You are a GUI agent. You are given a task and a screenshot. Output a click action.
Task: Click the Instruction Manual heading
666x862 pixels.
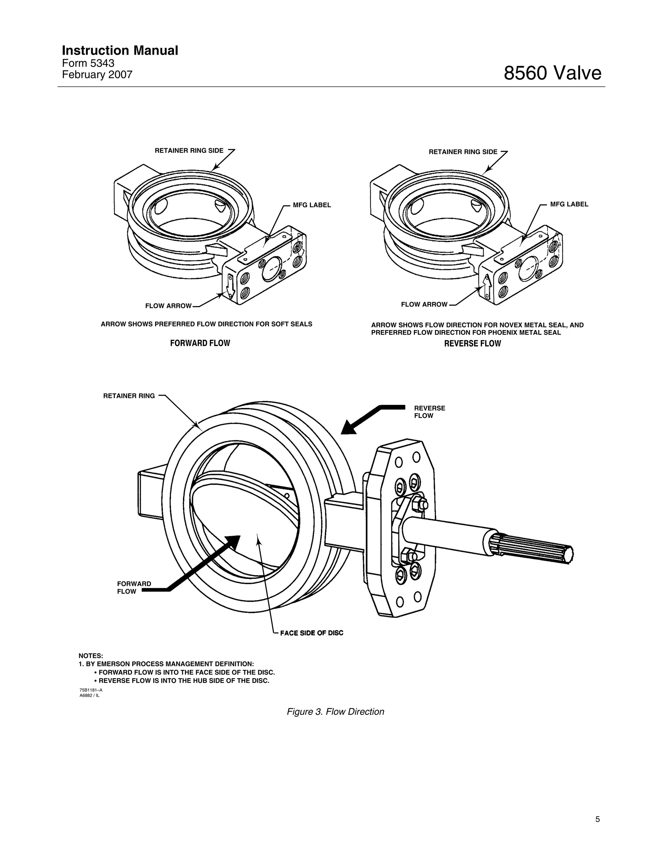click(x=120, y=50)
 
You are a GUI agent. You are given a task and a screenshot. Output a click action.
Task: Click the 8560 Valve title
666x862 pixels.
click(x=552, y=73)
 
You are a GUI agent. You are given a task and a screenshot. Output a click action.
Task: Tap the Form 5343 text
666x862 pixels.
click(x=88, y=63)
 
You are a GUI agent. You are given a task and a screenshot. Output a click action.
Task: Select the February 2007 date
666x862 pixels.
click(x=97, y=74)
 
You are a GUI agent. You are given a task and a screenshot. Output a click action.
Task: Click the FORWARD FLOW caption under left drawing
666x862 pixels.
click(x=200, y=343)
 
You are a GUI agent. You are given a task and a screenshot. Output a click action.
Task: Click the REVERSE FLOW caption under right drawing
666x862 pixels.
click(x=472, y=344)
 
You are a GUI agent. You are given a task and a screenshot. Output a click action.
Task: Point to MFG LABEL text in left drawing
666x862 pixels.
click(x=312, y=205)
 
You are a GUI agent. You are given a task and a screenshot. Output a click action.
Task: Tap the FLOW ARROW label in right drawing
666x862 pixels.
click(x=424, y=304)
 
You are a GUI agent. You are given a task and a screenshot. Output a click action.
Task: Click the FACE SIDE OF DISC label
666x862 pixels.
click(x=312, y=633)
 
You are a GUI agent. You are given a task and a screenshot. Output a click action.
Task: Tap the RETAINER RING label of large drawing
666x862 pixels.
click(x=129, y=396)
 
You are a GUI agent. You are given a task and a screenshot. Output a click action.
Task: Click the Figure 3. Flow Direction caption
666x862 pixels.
click(x=335, y=712)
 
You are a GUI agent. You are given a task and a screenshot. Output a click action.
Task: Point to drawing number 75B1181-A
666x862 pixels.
click(x=91, y=690)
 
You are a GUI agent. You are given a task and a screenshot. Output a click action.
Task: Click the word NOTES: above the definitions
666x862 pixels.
click(x=91, y=656)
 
